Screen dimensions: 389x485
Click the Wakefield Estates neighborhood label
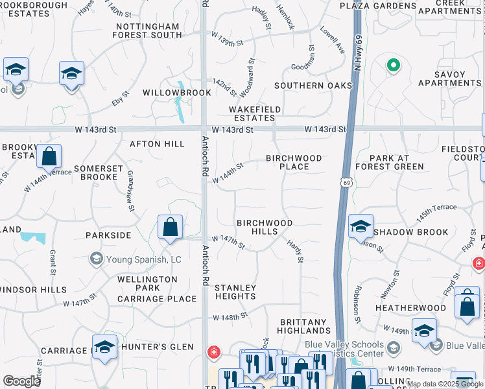click(x=255, y=113)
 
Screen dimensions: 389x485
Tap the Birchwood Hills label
click(x=264, y=227)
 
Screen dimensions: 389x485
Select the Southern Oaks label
click(x=313, y=86)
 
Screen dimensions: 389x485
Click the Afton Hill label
click(x=158, y=143)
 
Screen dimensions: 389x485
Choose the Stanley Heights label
click(x=235, y=292)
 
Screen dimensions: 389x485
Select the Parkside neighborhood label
click(x=108, y=235)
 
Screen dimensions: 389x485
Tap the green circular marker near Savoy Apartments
click(x=392, y=65)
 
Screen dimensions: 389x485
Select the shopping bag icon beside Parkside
click(x=170, y=228)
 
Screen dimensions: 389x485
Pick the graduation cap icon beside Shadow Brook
click(x=361, y=226)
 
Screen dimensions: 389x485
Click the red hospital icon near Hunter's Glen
click(x=213, y=353)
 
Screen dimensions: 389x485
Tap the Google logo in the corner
click(x=21, y=381)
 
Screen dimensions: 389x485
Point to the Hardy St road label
click(x=295, y=251)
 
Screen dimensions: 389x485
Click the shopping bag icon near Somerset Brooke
click(x=49, y=156)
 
